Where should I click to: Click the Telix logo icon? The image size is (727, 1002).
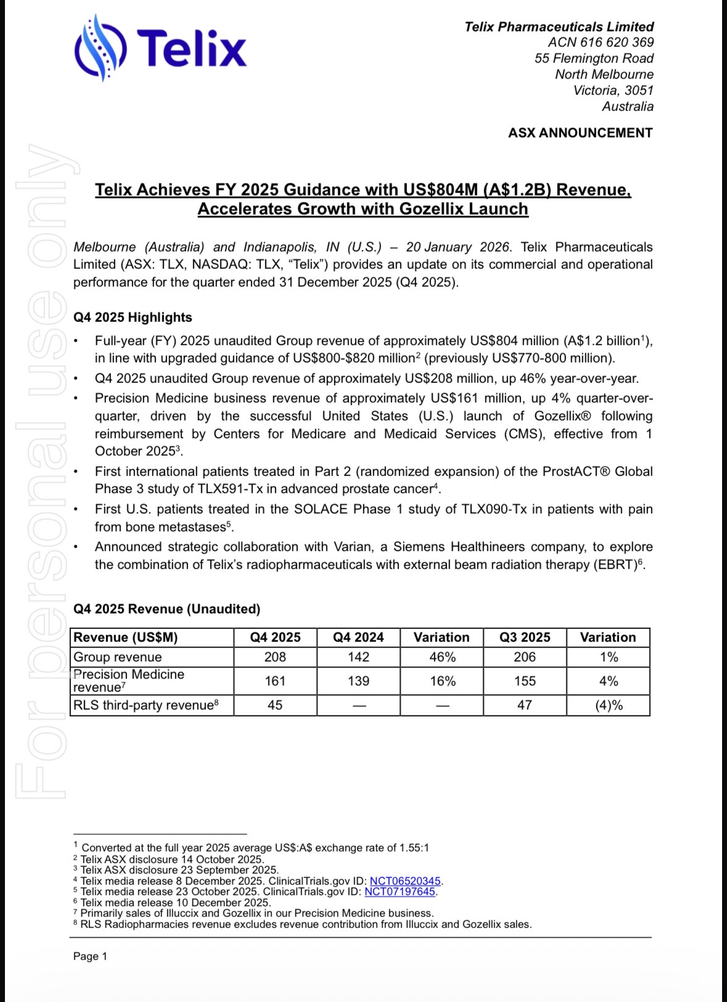click(x=101, y=47)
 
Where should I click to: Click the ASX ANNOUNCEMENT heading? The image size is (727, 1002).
click(x=580, y=133)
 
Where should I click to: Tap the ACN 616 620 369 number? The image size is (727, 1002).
click(x=601, y=43)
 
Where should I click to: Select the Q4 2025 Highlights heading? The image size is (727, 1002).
click(x=133, y=318)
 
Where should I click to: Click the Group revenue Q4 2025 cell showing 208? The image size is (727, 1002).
click(x=275, y=657)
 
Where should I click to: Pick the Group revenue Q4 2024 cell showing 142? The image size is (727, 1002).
click(x=358, y=657)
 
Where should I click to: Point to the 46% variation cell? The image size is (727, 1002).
click(x=442, y=657)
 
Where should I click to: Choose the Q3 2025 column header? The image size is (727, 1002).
click(x=525, y=638)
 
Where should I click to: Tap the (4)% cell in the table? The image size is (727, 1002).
click(x=609, y=705)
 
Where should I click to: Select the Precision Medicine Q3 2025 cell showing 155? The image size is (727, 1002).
click(x=525, y=681)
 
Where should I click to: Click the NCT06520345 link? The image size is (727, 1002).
click(x=405, y=881)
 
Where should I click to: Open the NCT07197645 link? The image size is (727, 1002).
click(x=400, y=892)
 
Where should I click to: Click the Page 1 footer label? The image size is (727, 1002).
click(x=90, y=956)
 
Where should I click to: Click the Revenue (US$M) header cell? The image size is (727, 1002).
click(x=126, y=638)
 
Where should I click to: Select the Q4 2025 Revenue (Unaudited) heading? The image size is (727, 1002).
click(x=166, y=609)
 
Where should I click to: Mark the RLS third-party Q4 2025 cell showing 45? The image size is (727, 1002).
click(x=275, y=705)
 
